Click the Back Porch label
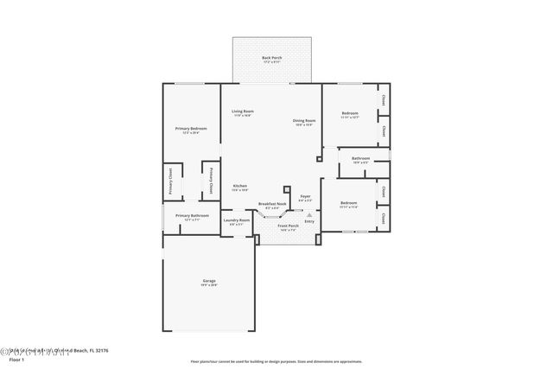point(271,59)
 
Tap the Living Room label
point(242,112)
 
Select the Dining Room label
point(303,122)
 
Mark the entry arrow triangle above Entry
point(308,214)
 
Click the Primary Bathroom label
point(192,217)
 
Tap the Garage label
point(208,282)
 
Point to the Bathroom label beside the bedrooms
point(360,159)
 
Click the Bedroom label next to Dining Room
point(349,114)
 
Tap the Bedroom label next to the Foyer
point(348,205)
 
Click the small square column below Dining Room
point(318,159)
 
